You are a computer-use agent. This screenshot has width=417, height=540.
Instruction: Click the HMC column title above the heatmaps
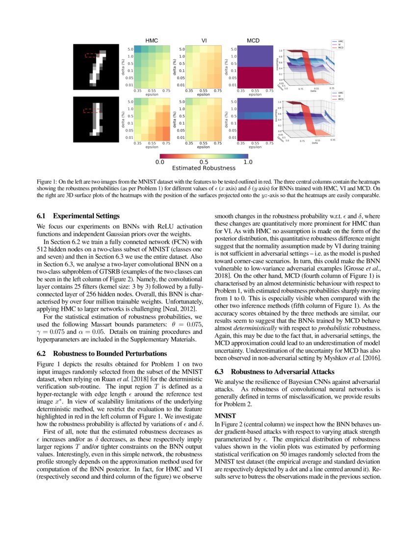[152, 40]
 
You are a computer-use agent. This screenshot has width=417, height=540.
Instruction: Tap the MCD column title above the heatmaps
[253, 40]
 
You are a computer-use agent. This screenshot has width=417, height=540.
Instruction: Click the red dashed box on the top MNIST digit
[92, 55]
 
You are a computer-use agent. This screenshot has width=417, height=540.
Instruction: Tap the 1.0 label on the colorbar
[247, 162]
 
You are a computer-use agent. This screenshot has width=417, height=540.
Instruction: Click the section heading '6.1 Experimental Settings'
[78, 216]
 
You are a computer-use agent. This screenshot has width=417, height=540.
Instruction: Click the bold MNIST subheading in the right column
[226, 415]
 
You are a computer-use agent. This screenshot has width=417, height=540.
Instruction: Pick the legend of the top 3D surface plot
[338, 45]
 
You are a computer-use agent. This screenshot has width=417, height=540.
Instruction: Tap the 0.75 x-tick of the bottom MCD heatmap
[269, 143]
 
